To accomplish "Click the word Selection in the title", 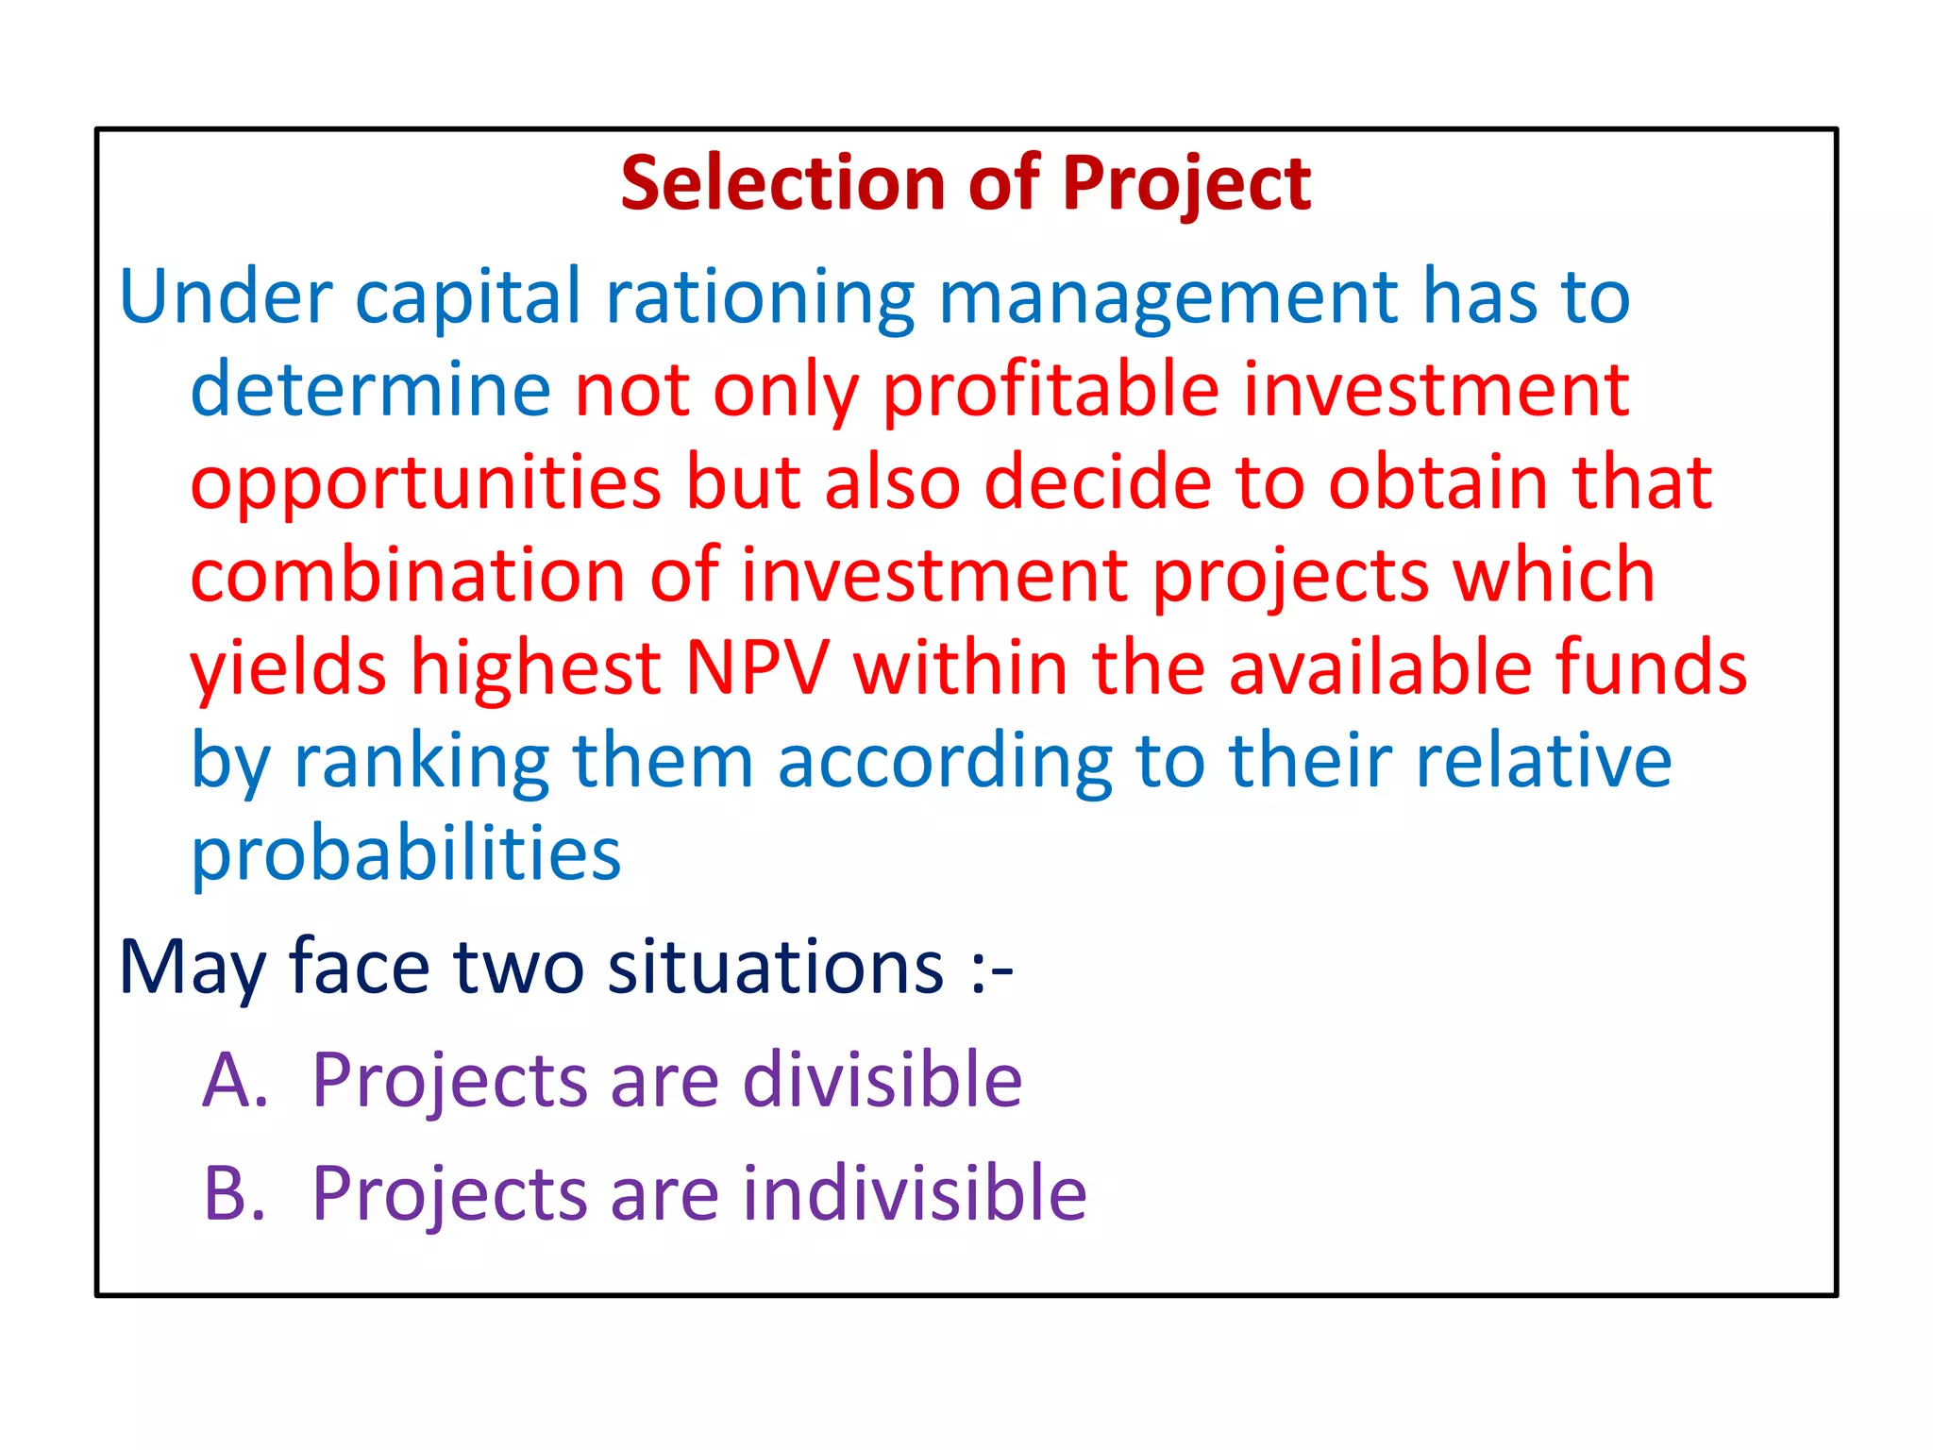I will (x=782, y=183).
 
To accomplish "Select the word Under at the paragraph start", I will (x=226, y=296).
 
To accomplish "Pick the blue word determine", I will (x=370, y=389).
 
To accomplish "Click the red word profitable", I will (x=1051, y=391).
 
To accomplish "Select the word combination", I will (x=407, y=576).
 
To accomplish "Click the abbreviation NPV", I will (x=757, y=668).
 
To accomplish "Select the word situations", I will (x=775, y=967).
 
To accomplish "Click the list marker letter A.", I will (x=232, y=1080).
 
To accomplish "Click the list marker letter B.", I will (x=232, y=1193).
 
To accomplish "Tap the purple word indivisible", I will (x=915, y=1193).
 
